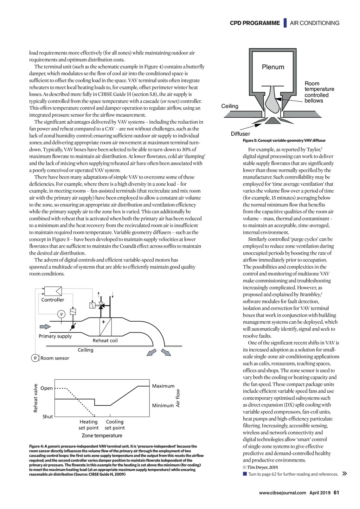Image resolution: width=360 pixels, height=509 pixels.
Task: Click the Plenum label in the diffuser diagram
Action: (273, 67)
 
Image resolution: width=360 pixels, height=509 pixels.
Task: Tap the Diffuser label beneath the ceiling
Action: (240, 134)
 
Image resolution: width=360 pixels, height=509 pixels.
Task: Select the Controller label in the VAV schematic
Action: (53, 300)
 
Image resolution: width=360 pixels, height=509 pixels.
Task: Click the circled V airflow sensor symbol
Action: (61, 314)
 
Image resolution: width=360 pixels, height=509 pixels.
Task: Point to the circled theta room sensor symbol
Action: (35, 358)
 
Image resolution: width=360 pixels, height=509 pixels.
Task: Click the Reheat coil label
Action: (105, 341)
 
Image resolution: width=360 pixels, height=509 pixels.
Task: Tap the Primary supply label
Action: (55, 336)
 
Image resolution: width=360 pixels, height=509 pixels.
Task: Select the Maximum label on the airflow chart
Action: (163, 386)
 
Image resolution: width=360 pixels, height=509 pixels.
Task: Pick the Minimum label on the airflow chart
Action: (163, 405)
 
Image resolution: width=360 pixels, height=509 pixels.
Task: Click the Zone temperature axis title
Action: (102, 436)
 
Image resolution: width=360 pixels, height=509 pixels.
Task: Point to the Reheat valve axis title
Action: (36, 398)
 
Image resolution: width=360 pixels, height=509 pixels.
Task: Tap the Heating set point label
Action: (89, 425)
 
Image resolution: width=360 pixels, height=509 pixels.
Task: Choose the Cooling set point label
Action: (115, 425)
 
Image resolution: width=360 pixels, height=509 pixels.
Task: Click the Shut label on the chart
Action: (47, 417)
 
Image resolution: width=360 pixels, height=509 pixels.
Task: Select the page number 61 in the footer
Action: (336, 492)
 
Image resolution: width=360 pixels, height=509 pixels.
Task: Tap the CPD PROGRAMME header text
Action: (255, 23)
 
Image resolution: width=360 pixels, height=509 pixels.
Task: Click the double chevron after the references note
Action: (345, 473)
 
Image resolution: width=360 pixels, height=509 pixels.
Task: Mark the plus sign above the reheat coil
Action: (103, 322)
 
